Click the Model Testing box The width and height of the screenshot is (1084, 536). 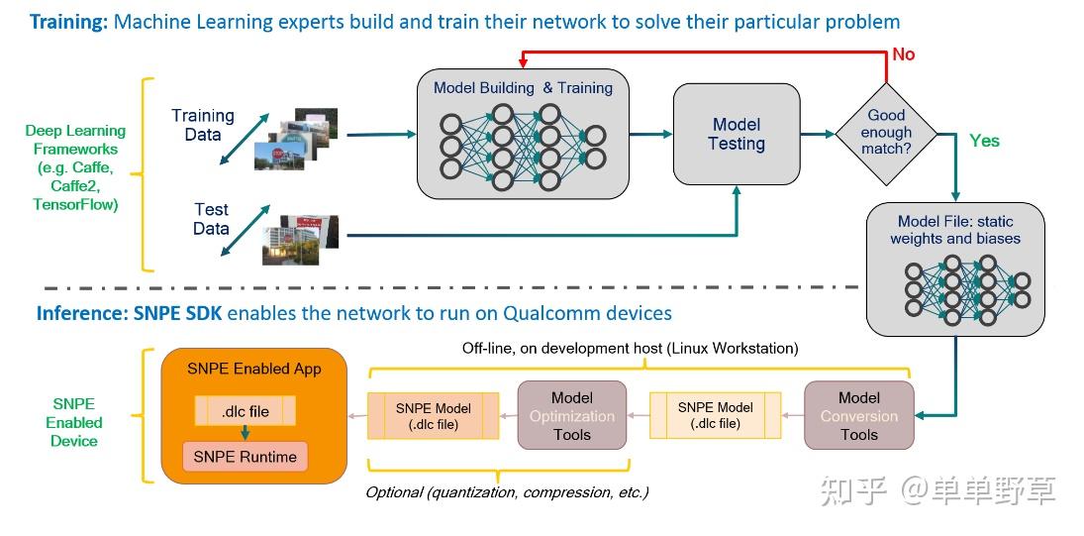736,135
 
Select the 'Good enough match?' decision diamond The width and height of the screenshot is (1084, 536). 886,133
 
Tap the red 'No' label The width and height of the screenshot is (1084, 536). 903,54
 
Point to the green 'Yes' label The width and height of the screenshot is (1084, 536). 984,141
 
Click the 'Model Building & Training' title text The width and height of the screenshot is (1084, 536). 523,88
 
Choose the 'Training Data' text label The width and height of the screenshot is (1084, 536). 202,125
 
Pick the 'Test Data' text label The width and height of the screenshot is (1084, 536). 211,219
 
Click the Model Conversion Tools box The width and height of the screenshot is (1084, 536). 858,416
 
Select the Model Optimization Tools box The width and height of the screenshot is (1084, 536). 572,416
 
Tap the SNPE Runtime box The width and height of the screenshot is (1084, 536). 246,457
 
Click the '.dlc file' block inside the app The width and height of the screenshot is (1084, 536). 246,411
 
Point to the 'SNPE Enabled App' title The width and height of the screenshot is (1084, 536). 253,370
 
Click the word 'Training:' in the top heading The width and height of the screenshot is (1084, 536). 68,21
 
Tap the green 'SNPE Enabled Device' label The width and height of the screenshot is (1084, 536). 74,422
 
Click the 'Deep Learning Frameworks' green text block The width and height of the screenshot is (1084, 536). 75,167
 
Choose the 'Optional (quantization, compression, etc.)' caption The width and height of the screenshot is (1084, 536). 507,492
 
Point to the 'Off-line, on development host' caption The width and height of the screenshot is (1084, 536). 630,349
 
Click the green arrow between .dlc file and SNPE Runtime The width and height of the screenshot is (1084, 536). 246,433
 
